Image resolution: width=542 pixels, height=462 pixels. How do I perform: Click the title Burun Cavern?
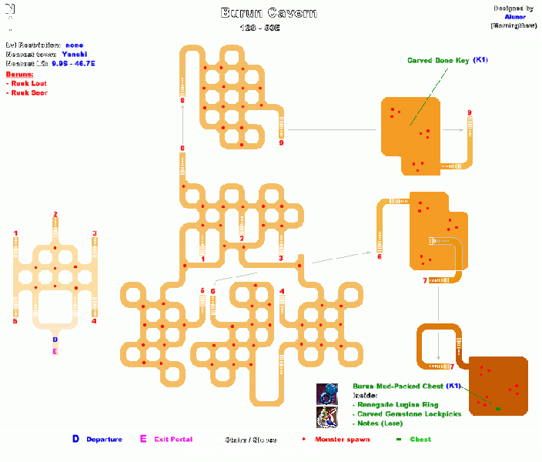point(269,13)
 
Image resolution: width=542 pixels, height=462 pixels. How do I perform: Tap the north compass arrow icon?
point(8,14)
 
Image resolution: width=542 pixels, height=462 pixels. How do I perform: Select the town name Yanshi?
point(74,54)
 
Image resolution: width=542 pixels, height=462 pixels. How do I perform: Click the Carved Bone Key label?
point(437,60)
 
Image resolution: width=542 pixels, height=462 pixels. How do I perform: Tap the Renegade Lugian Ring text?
point(398,404)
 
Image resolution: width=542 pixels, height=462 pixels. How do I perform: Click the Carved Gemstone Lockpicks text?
point(408,413)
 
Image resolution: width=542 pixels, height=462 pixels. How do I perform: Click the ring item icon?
point(327,394)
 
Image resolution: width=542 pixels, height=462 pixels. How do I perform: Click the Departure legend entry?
point(103,440)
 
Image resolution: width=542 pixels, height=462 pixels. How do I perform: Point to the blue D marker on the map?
point(55,338)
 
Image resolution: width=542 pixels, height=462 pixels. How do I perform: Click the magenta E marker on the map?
point(55,351)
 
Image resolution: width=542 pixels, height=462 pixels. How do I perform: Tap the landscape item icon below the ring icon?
point(327,417)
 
